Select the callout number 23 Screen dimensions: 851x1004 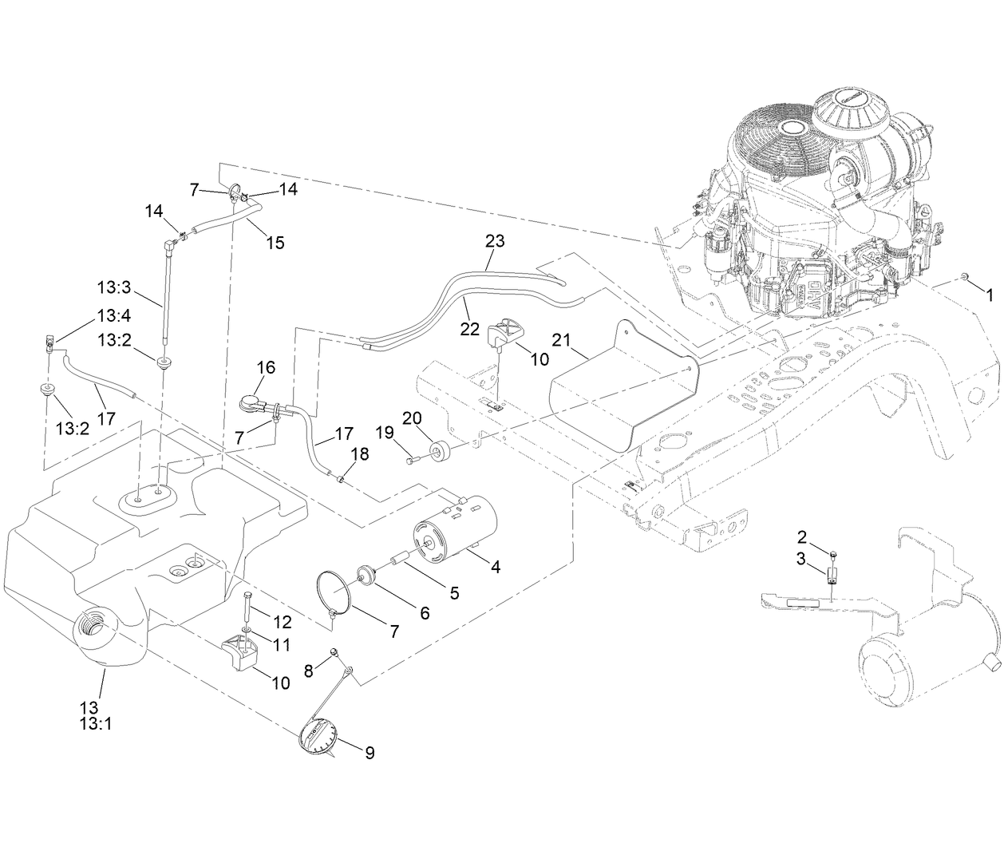495,240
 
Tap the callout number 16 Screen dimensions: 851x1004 266,367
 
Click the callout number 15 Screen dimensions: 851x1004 275,243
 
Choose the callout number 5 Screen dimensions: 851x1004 454,592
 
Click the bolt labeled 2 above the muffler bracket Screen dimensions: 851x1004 832,552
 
